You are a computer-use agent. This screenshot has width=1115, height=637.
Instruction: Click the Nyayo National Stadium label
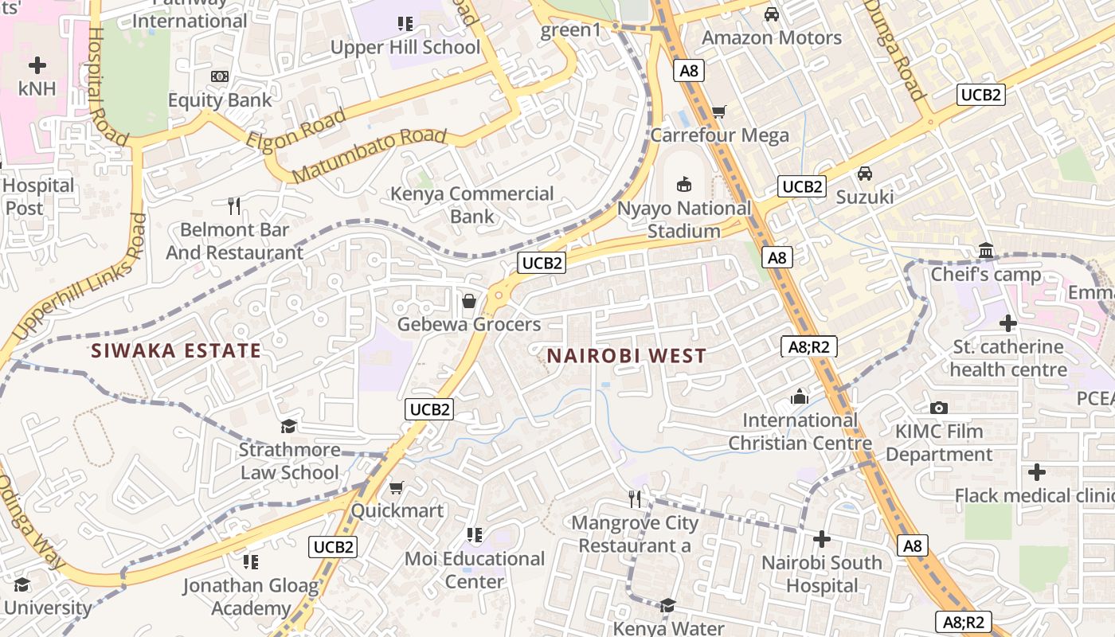(684, 220)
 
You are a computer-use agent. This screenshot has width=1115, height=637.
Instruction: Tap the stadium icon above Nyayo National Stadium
(684, 185)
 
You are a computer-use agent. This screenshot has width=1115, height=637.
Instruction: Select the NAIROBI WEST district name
(626, 355)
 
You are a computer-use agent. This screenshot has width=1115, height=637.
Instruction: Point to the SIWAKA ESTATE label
(176, 350)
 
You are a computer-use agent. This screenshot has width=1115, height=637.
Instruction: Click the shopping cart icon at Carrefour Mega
(719, 112)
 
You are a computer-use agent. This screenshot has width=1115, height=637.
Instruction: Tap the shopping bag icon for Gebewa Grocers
(469, 301)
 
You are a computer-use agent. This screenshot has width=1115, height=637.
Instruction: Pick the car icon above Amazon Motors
(771, 14)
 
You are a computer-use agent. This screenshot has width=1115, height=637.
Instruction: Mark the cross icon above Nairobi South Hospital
(822, 539)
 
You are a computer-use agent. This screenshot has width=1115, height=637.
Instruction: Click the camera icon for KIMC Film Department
(939, 408)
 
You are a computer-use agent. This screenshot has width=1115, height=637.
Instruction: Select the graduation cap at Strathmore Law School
(288, 427)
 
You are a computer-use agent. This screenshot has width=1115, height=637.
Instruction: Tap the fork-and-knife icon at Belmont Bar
(234, 206)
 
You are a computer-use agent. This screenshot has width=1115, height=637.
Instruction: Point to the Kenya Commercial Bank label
(472, 205)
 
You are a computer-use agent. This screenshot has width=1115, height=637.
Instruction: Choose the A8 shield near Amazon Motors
(690, 71)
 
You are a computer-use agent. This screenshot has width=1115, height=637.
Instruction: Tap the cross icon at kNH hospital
(37, 65)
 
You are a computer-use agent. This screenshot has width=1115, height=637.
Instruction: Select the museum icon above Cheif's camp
(987, 252)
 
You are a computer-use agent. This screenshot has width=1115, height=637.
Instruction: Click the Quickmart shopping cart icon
(397, 487)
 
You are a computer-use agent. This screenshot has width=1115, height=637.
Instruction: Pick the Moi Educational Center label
(475, 569)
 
